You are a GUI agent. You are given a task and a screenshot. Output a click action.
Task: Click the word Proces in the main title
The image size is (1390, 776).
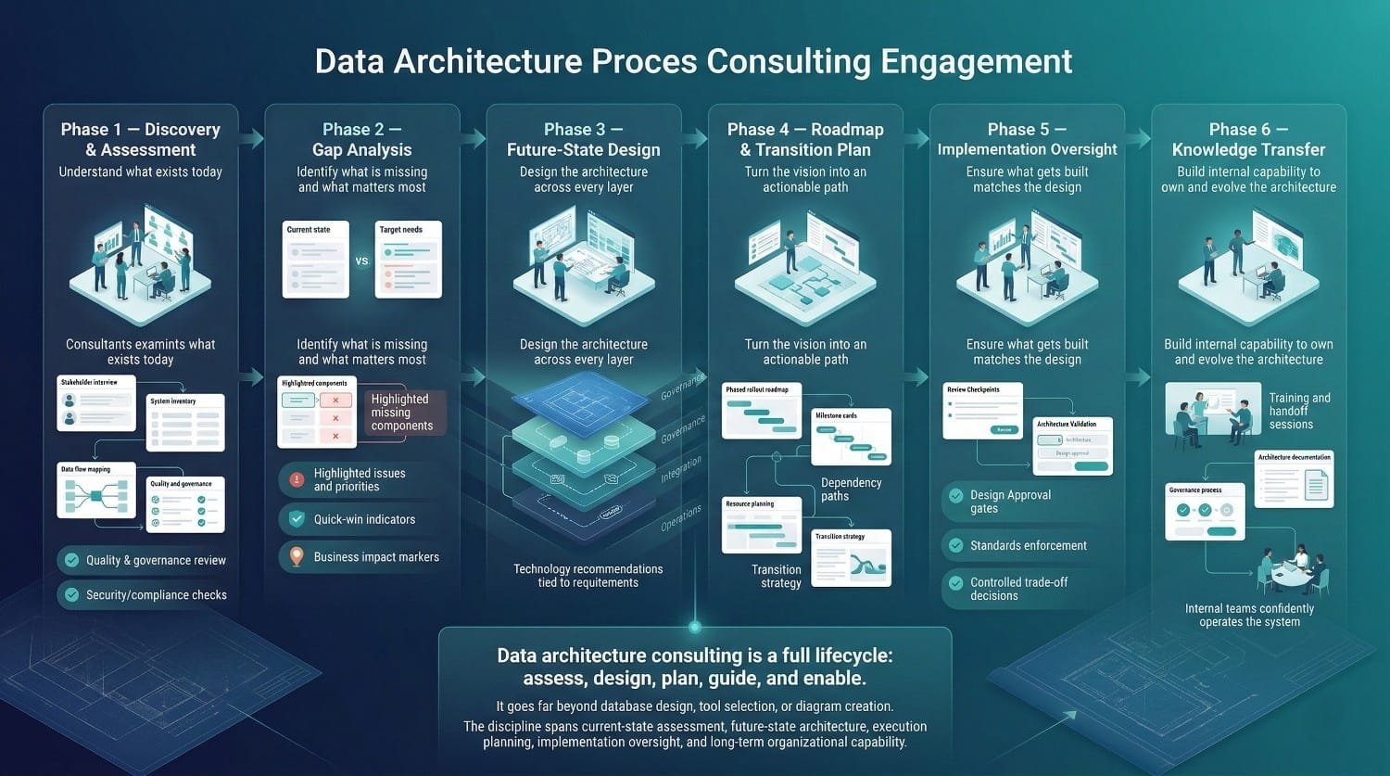(x=644, y=62)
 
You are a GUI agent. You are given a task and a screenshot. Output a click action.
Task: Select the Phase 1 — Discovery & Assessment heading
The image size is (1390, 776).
(x=141, y=139)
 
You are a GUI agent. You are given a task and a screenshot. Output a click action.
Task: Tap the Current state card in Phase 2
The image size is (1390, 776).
(x=316, y=259)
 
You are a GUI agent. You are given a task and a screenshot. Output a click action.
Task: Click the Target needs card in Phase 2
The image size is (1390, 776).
(x=408, y=259)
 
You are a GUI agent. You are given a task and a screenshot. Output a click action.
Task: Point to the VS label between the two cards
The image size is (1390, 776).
(x=361, y=261)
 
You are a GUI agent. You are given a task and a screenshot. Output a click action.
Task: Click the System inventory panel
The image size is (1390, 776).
(x=186, y=423)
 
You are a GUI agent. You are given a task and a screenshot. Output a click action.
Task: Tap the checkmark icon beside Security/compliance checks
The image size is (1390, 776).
(x=71, y=594)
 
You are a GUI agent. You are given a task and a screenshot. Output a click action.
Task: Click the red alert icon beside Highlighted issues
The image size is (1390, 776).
(x=297, y=479)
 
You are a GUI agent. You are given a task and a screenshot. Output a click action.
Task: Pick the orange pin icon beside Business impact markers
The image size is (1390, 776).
(x=297, y=556)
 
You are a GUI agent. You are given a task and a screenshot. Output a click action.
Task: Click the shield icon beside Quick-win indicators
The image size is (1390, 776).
(x=297, y=519)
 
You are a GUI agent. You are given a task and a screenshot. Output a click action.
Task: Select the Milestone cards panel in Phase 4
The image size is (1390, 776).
(x=851, y=437)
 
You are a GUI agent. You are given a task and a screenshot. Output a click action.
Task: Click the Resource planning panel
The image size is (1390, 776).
(x=762, y=526)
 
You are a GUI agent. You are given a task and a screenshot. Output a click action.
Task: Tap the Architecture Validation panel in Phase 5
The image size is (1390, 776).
(x=1072, y=446)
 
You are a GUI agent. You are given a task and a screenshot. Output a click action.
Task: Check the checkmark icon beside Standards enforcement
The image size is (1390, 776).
(x=955, y=545)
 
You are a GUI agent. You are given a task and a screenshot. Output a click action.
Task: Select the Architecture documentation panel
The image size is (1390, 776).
(x=1294, y=479)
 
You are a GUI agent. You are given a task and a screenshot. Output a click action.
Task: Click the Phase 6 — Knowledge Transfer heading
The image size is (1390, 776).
(x=1248, y=139)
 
